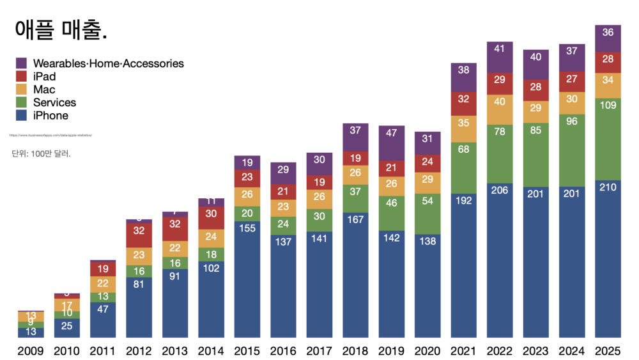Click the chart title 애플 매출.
pyautogui.click(x=60, y=30)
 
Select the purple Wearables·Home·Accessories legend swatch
pyautogui.click(x=21, y=63)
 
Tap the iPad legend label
pyautogui.click(x=44, y=77)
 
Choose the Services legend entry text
pyautogui.click(x=54, y=102)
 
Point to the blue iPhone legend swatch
pyautogui.click(x=21, y=116)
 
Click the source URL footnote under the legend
pyautogui.click(x=51, y=136)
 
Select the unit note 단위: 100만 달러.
pyautogui.click(x=41, y=154)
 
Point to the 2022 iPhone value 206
pyautogui.click(x=500, y=189)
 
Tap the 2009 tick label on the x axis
pyautogui.click(x=31, y=350)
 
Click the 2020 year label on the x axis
pyautogui.click(x=427, y=350)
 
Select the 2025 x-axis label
pyautogui.click(x=608, y=350)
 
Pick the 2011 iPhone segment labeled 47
pyautogui.click(x=103, y=308)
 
